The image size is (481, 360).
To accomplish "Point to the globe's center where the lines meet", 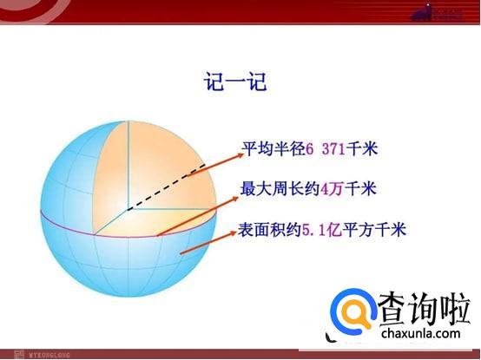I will [129, 209].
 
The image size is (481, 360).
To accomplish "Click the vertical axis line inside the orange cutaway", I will [129, 165].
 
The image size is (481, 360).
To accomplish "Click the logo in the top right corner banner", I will [446, 12].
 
